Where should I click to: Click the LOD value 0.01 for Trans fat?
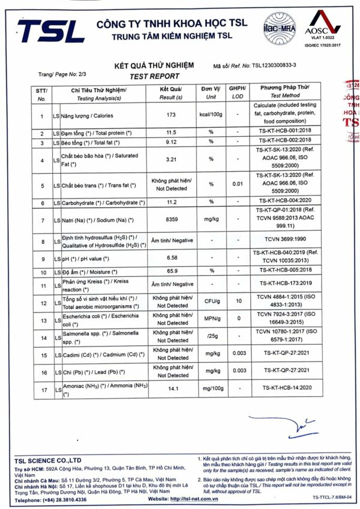coord(238,185)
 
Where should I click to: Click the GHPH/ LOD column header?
coord(238,92)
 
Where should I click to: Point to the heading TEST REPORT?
coord(154,76)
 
